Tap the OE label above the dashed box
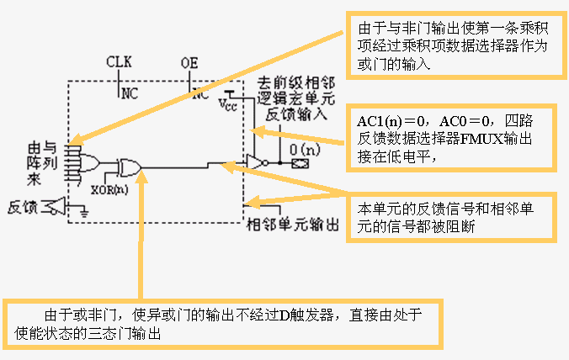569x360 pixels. (x=189, y=62)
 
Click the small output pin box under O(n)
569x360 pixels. (x=296, y=164)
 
